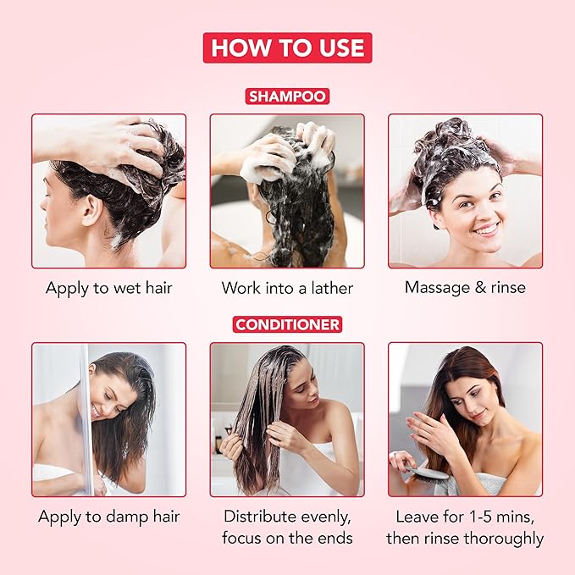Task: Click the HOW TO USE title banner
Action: tap(287, 47)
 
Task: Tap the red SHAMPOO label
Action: tap(287, 96)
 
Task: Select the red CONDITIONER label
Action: tap(287, 324)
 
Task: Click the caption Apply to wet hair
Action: tap(108, 288)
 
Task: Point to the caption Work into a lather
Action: tap(287, 288)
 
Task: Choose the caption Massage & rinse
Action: tap(465, 288)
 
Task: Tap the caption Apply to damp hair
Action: tap(108, 516)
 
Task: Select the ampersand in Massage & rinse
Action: tap(479, 288)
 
